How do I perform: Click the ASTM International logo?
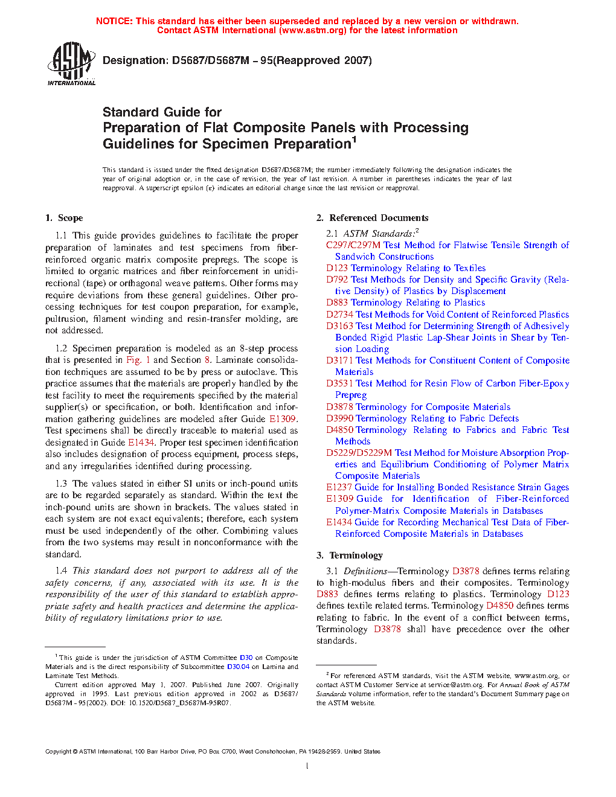tap(71, 63)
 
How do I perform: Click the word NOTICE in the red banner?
tap(114, 21)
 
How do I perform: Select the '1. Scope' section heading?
tap(64, 218)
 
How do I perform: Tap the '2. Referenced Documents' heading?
tap(373, 218)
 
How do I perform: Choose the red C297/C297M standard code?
tap(353, 245)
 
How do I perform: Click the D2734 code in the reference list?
tap(339, 315)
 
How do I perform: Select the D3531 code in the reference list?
tap(339, 383)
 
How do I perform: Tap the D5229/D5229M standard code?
tap(359, 453)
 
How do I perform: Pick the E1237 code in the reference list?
tap(339, 487)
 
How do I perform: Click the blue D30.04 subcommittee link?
tap(238, 667)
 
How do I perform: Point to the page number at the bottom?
tap(307, 766)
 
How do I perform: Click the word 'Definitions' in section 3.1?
tap(365, 571)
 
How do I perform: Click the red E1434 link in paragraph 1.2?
tap(141, 443)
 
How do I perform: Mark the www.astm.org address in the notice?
tap(313, 30)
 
